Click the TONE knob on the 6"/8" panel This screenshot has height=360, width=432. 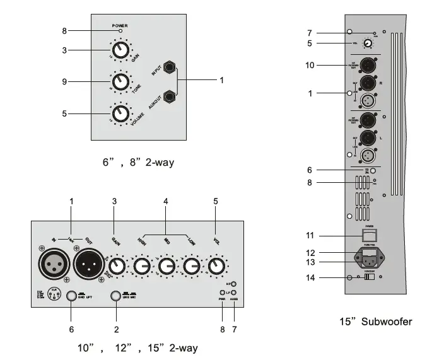pyautogui.click(x=120, y=81)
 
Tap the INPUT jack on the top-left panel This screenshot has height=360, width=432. pyautogui.click(x=170, y=70)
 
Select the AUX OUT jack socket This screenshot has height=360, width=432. pyautogui.click(x=170, y=96)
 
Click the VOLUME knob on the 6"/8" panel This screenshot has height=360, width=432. pyautogui.click(x=120, y=113)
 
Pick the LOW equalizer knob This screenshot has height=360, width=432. pyautogui.click(x=193, y=267)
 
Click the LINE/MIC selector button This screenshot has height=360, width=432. pyautogui.click(x=115, y=296)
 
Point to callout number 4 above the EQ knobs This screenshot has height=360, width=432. pyautogui.click(x=166, y=201)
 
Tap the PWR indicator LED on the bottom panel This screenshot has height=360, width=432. pyautogui.click(x=221, y=293)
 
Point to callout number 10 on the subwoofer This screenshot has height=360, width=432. pyautogui.click(x=310, y=64)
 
